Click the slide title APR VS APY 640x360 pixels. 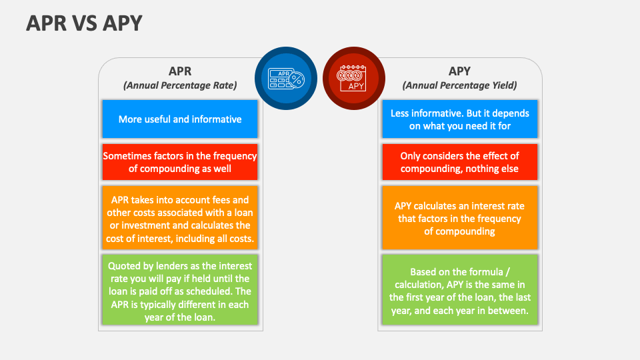84,23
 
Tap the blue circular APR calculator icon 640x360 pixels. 286,78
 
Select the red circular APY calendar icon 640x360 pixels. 354,78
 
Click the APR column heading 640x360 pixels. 180,71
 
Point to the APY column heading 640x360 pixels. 459,71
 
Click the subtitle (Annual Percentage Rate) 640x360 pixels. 180,85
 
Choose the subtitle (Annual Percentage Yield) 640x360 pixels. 459,85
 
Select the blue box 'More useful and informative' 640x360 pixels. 180,119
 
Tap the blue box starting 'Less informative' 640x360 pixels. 459,119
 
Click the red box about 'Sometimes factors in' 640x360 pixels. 180,162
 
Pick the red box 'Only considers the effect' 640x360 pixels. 459,162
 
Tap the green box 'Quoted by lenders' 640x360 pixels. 180,291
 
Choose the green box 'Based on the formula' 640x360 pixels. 459,291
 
